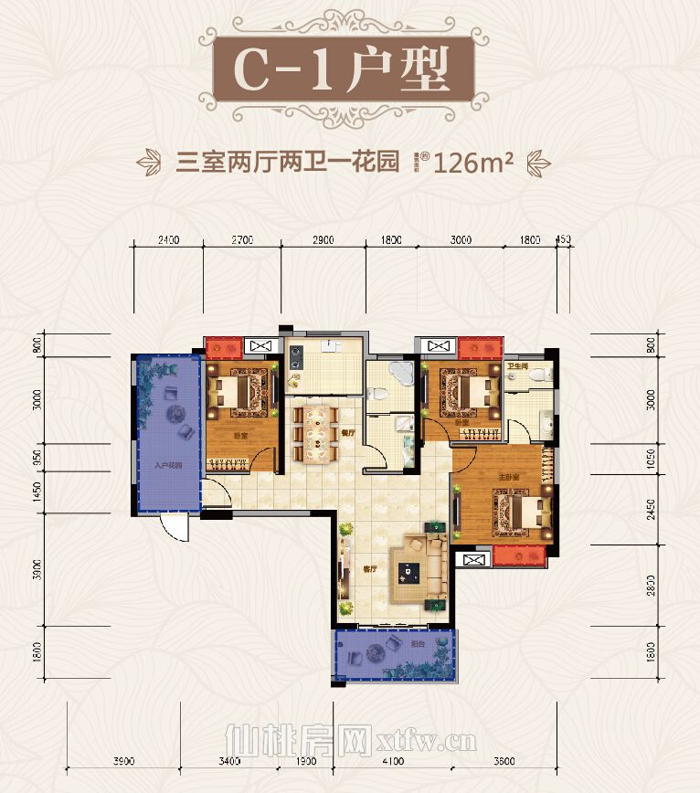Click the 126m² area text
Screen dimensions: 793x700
click(474, 164)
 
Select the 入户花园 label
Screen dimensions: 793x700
click(166, 466)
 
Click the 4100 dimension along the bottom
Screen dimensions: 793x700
click(391, 761)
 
